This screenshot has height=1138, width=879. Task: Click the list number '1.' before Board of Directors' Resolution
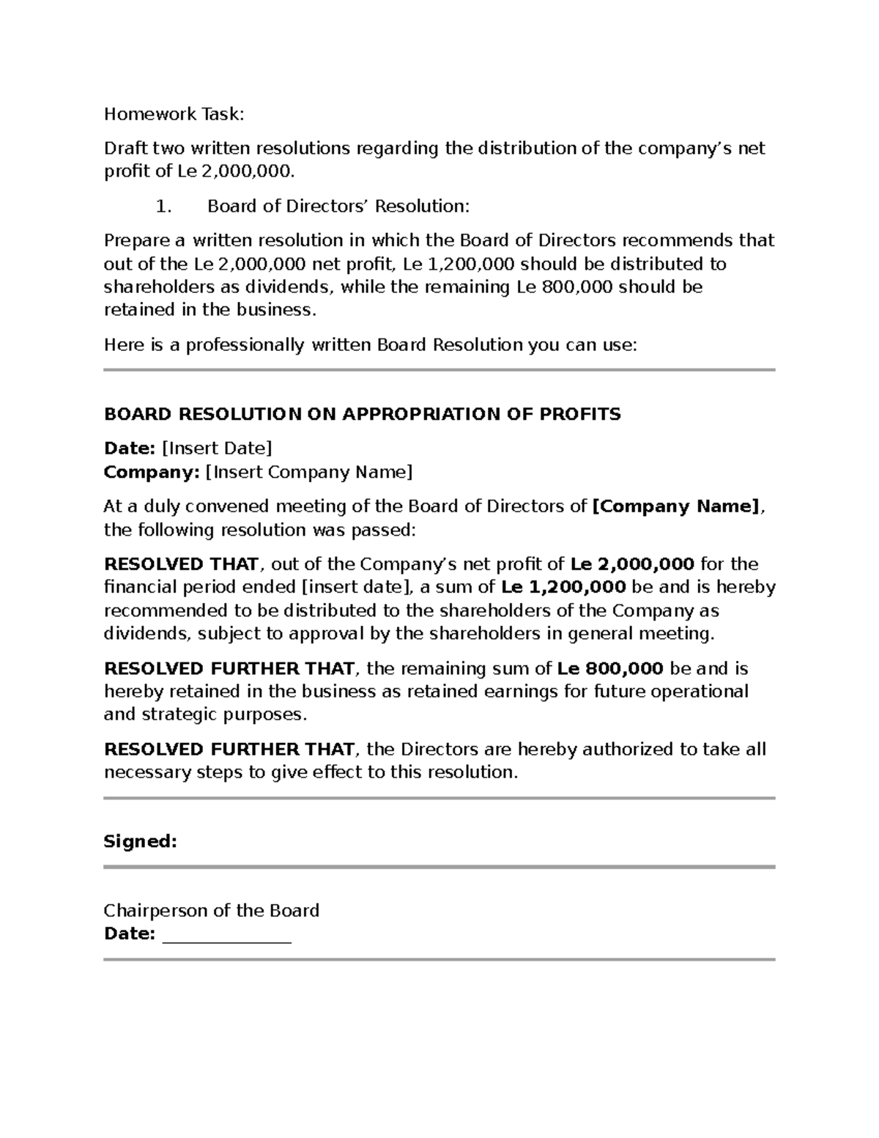pyautogui.click(x=163, y=206)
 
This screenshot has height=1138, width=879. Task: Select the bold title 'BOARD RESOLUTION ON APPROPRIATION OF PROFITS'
pyautogui.click(x=362, y=414)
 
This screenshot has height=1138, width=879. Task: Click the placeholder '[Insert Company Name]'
pyautogui.click(x=308, y=471)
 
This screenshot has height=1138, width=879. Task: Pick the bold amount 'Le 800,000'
pyautogui.click(x=610, y=668)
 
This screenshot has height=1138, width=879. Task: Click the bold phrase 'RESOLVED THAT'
pyautogui.click(x=181, y=564)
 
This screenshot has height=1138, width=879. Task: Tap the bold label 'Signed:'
pyautogui.click(x=141, y=841)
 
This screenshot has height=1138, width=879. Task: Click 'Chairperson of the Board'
pyautogui.click(x=211, y=910)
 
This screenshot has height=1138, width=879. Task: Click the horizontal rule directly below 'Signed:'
pyautogui.click(x=439, y=867)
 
